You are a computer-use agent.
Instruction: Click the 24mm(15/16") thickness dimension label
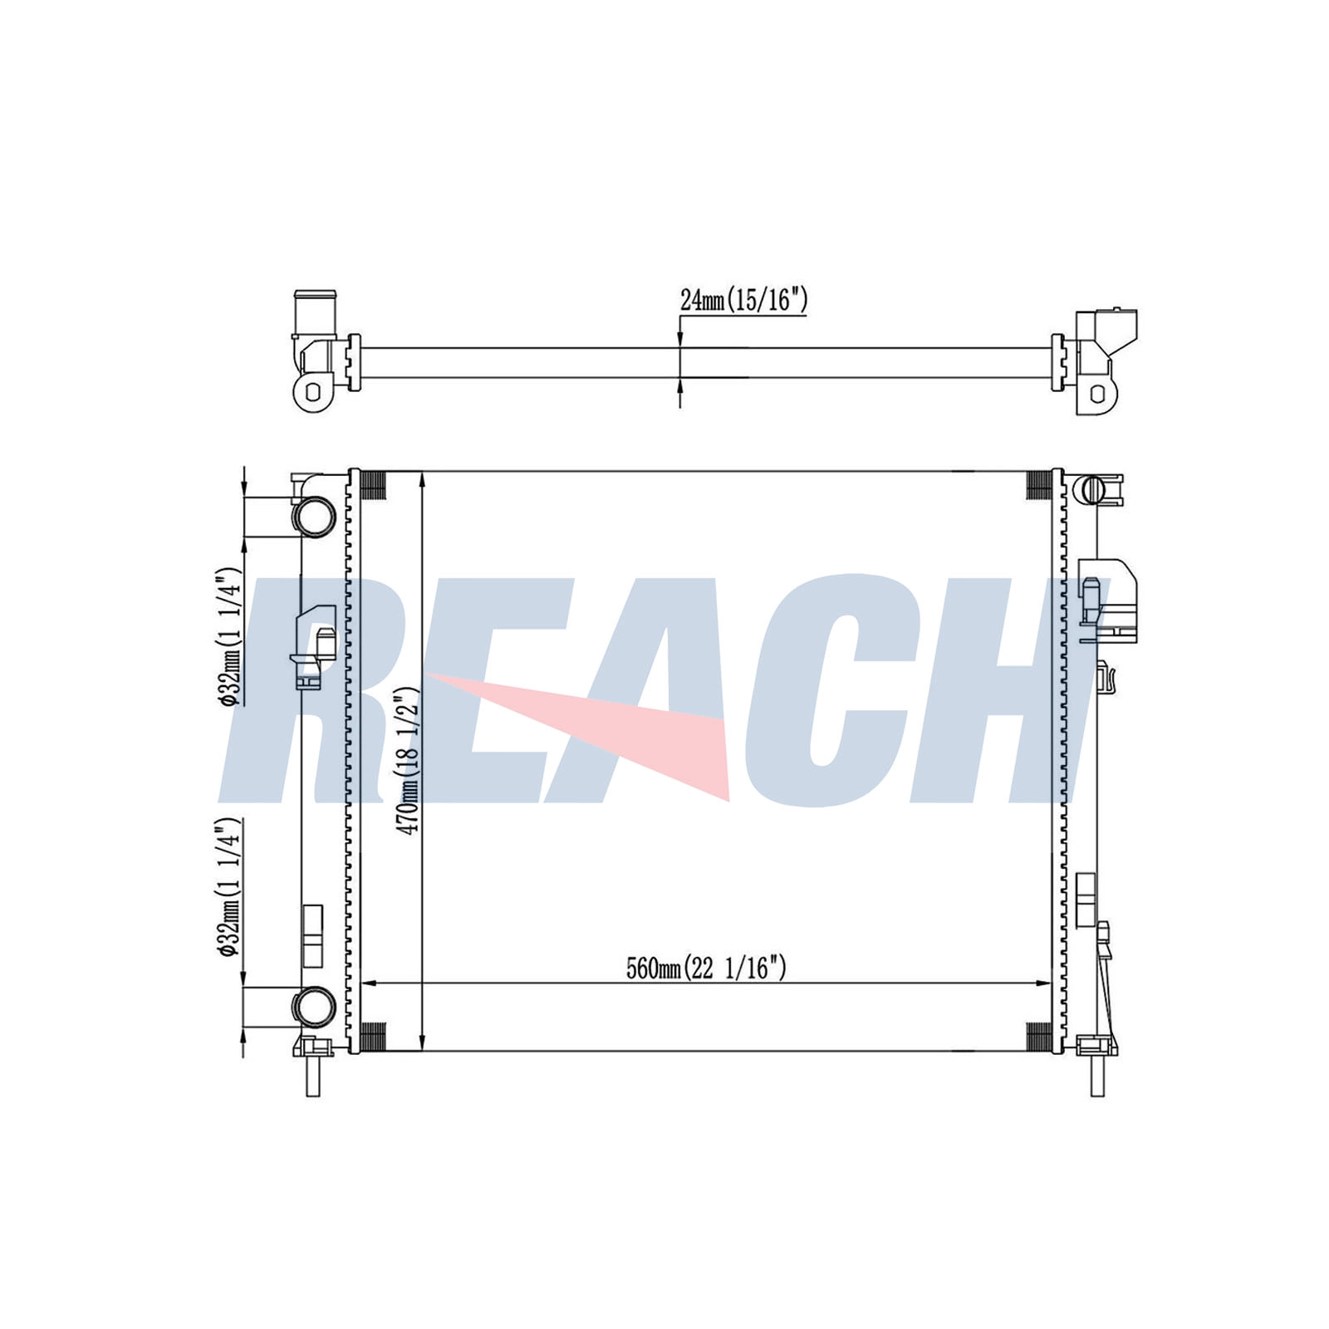click(x=743, y=300)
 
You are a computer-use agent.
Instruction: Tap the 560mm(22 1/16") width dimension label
click(x=706, y=968)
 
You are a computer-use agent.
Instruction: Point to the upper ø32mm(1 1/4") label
click(x=228, y=637)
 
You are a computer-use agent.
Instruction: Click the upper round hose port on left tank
click(x=314, y=515)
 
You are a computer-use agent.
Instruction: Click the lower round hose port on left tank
click(x=314, y=1006)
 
